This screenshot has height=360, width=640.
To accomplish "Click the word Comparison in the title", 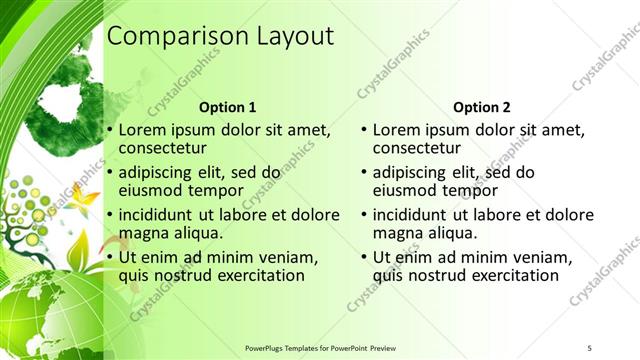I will coord(172,36).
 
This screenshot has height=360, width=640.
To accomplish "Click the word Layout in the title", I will coord(287,36).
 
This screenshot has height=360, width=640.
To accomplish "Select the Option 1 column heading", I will coord(227,107).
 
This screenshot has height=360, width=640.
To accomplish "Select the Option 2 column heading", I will coord(482,107).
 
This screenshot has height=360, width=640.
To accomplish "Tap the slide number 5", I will coord(589,347).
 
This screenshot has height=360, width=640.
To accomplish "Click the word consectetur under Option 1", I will coord(161,149).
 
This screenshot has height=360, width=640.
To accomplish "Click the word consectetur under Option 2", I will coord(415,149).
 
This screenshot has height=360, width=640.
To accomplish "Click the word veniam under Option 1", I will coord(288,256).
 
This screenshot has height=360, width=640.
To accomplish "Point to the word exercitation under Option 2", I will coord(501,275).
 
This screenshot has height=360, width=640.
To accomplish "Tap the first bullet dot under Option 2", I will coord(364,130).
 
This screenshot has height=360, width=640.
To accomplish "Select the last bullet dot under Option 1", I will coord(110,256).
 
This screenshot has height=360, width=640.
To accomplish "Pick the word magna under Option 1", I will coord(142,233).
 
